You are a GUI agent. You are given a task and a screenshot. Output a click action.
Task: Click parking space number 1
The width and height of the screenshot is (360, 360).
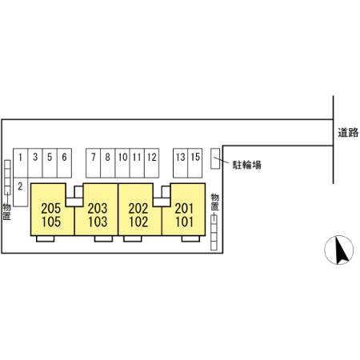pyautogui.click(x=21, y=163)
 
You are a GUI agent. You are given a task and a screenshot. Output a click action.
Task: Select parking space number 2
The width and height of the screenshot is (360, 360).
pyautogui.click(x=21, y=192)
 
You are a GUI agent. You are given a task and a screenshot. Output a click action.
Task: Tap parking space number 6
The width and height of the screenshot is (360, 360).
pyautogui.click(x=64, y=163)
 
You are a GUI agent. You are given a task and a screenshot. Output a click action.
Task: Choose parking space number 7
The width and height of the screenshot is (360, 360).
pyautogui.click(x=94, y=163)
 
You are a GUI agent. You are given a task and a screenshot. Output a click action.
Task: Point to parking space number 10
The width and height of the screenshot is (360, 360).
pyautogui.click(x=122, y=163)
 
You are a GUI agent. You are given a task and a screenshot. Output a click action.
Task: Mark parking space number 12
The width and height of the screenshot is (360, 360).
pyautogui.click(x=152, y=163)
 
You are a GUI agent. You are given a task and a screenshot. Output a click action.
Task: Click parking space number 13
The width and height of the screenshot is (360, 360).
pyautogui.click(x=181, y=163)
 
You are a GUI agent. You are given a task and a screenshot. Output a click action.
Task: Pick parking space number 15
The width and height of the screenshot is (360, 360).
pyautogui.click(x=195, y=163)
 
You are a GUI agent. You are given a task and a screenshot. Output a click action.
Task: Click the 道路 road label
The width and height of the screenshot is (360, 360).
pyautogui.click(x=348, y=133)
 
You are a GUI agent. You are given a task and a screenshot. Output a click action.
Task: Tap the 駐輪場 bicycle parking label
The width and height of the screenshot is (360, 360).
pyautogui.click(x=247, y=165)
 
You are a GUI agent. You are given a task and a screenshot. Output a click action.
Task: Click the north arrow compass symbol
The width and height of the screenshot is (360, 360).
pyautogui.click(x=339, y=250)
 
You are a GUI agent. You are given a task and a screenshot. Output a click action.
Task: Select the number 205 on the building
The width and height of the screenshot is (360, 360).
pyautogui.click(x=51, y=209)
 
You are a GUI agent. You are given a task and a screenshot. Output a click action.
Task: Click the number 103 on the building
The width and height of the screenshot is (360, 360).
pyautogui.click(x=98, y=222)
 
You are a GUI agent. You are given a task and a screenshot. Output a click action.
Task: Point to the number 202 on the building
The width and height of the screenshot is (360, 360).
pyautogui.click(x=138, y=209)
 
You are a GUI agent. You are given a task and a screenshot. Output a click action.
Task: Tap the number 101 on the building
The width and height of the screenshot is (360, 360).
pyautogui.click(x=184, y=222)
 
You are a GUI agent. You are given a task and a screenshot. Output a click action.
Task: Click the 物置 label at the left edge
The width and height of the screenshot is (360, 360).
pyautogui.click(x=6, y=212)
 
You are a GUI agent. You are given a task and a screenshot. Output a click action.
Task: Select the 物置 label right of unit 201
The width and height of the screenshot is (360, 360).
pyautogui.click(x=215, y=202)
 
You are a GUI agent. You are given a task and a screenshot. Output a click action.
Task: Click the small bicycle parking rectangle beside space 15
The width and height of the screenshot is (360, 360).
pyautogui.click(x=215, y=158)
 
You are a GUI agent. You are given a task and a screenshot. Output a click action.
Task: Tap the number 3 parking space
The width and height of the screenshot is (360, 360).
pyautogui.click(x=35, y=163)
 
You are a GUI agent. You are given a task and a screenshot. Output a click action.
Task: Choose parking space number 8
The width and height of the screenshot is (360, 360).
pyautogui.click(x=108, y=163)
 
